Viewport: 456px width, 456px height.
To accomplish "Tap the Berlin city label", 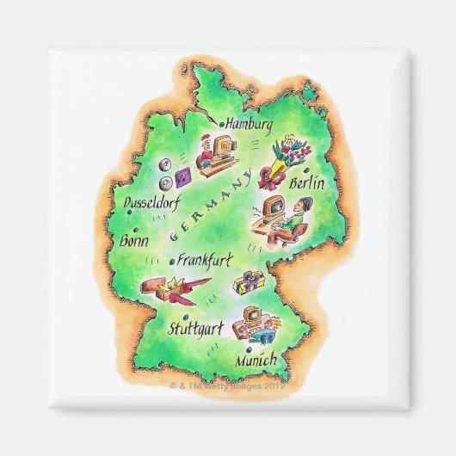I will point(307,182).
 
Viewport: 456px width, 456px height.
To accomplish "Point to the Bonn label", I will point(135,241).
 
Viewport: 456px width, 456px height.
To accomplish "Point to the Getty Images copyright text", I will point(229,386).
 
